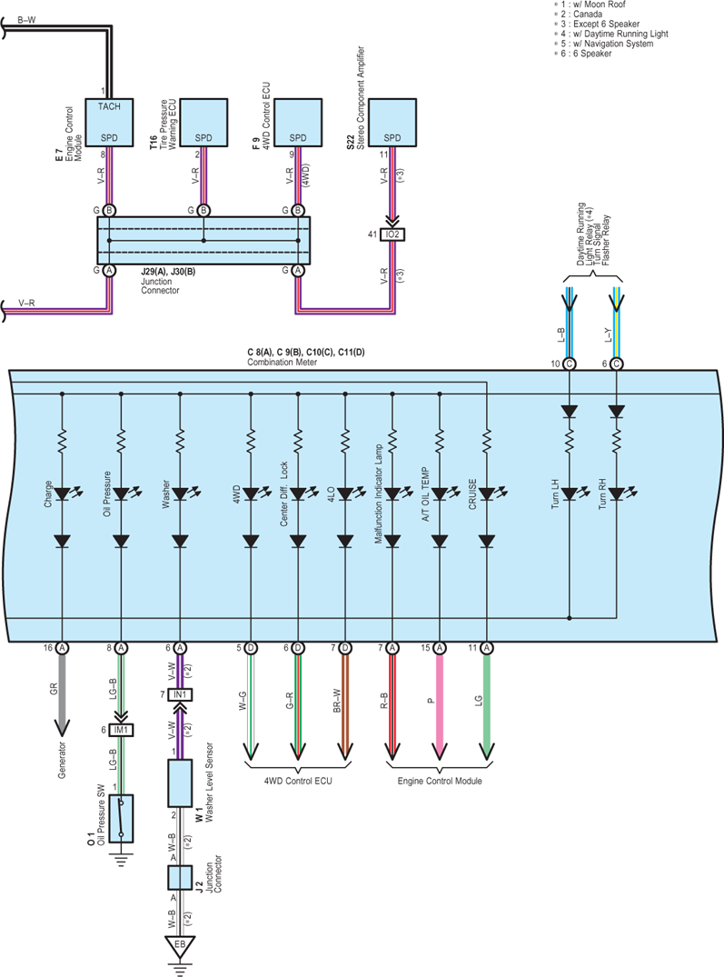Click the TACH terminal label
click(x=109, y=106)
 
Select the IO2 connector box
click(x=392, y=234)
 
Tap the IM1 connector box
click(x=121, y=730)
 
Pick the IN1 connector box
click(x=180, y=694)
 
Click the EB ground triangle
click(x=180, y=946)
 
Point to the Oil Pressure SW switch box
click(x=121, y=817)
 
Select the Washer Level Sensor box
click(x=180, y=783)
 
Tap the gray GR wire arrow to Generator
click(x=62, y=695)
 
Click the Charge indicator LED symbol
click(x=62, y=494)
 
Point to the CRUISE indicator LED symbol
click(x=487, y=494)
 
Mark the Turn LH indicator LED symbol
click(x=570, y=494)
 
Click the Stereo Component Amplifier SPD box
click(x=392, y=123)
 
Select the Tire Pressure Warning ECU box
click(x=203, y=123)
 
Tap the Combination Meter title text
click(x=282, y=362)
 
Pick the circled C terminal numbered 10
click(x=570, y=364)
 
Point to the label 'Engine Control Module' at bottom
click(x=440, y=781)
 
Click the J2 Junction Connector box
click(x=180, y=878)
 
